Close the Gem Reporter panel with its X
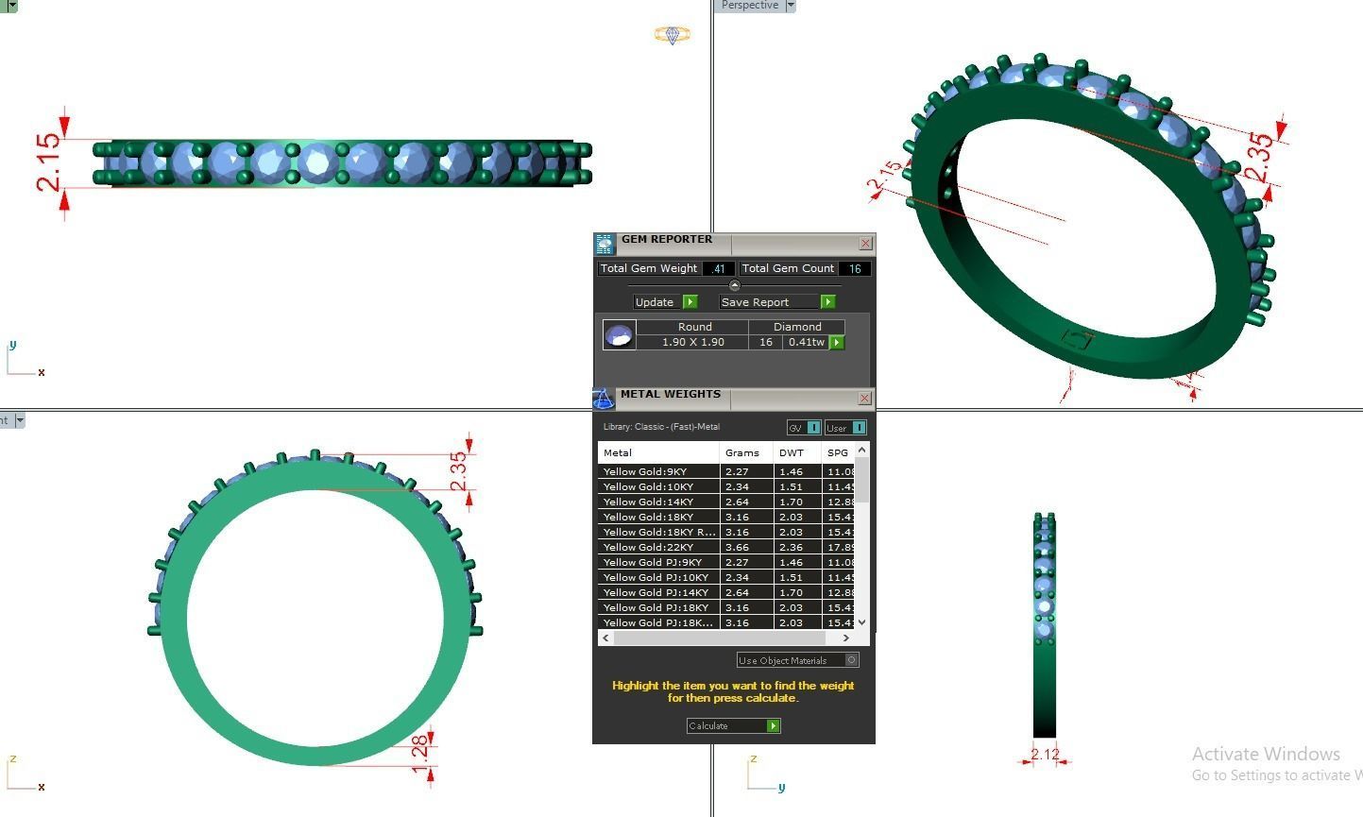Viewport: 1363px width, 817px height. [x=865, y=244]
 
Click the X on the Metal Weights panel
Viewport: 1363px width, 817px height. [x=864, y=399]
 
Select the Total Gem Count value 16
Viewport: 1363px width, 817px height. [x=854, y=269]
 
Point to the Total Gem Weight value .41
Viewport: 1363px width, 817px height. [x=719, y=269]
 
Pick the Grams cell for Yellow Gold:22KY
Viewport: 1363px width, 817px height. [x=738, y=547]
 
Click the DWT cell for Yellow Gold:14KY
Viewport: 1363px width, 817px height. [x=792, y=502]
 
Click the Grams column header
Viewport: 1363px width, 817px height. [x=742, y=452]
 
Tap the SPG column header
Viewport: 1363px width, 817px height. [x=838, y=452]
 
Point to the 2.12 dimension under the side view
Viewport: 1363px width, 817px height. [x=1045, y=754]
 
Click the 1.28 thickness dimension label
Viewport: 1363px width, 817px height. [x=421, y=754]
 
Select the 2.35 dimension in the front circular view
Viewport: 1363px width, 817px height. [x=458, y=471]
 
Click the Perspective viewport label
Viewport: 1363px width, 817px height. [x=750, y=6]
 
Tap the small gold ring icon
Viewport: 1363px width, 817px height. [x=672, y=35]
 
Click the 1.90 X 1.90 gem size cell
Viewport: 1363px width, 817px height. [x=692, y=342]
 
